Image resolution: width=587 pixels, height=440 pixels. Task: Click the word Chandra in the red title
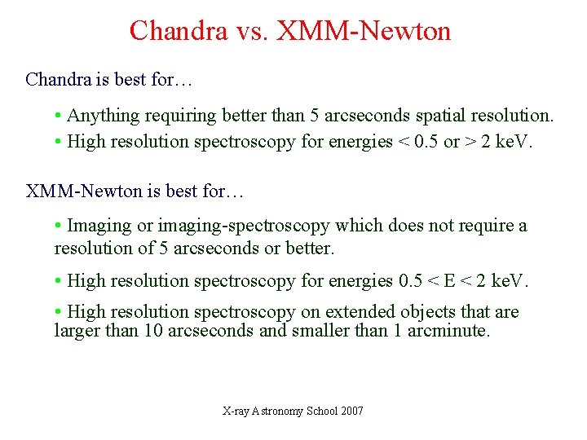coord(178,31)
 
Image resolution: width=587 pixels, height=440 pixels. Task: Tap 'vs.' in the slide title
coord(252,31)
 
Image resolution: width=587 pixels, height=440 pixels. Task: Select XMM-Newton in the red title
coord(364,31)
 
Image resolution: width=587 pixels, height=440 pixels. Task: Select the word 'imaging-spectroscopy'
coord(245,226)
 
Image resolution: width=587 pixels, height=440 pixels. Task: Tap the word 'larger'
coord(77,331)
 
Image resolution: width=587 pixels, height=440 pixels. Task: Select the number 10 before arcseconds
coord(153,331)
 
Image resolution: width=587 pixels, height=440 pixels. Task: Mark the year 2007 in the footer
coord(353,411)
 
